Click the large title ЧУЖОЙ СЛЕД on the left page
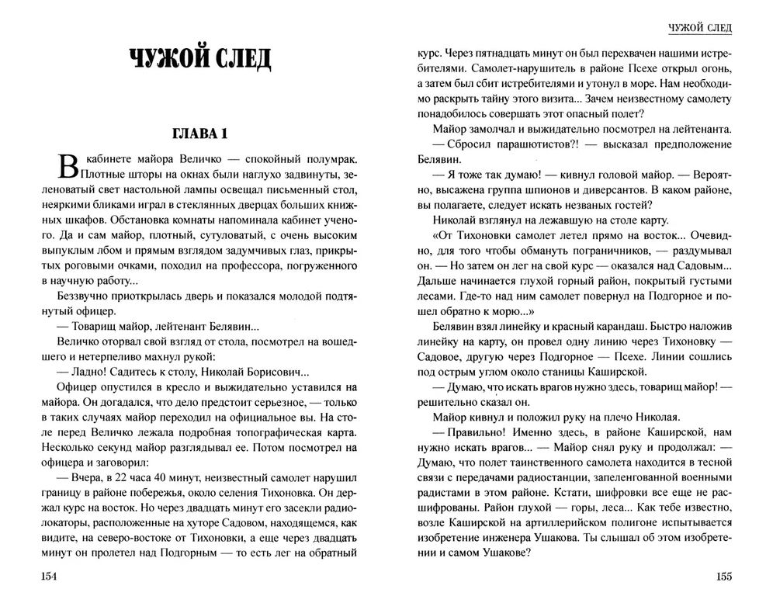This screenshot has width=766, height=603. pos(200,60)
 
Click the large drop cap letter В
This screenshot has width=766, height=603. pos(68,167)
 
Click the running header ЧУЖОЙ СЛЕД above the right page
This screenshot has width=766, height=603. pos(701,29)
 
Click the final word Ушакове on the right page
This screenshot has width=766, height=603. pos(504,552)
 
